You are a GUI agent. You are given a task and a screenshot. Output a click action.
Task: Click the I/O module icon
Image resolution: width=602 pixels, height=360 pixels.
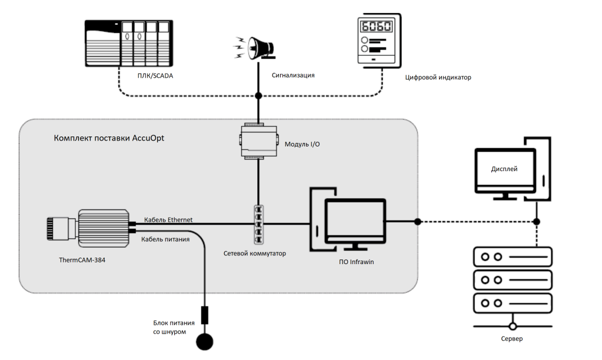[258, 142]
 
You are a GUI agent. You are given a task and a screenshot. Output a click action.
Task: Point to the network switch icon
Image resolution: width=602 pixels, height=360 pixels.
[258, 224]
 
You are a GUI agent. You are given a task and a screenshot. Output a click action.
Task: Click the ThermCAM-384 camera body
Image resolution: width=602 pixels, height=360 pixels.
[104, 227]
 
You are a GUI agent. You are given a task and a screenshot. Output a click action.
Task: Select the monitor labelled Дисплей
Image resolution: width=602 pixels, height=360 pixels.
[505, 170]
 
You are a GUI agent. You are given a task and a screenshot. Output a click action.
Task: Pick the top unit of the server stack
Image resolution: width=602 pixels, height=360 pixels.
[512, 256]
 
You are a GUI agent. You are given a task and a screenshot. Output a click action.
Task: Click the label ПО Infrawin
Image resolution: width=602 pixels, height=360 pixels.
[354, 262]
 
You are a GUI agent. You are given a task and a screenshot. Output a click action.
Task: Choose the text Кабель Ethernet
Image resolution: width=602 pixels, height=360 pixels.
[168, 220]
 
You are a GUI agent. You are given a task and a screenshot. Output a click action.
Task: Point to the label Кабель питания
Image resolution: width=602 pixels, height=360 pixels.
[165, 239]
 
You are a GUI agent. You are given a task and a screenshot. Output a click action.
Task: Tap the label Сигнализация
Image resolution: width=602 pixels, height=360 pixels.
[293, 75]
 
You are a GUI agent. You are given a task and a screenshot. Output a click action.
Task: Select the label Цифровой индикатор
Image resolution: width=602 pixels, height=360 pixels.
[438, 77]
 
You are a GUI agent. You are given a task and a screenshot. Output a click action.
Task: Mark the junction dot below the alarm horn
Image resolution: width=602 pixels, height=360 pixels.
[258, 95]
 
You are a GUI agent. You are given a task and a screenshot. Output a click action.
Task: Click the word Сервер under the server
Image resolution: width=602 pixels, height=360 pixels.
[512, 339]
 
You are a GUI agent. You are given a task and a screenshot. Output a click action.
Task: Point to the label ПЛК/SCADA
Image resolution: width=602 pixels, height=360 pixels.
[155, 76]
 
